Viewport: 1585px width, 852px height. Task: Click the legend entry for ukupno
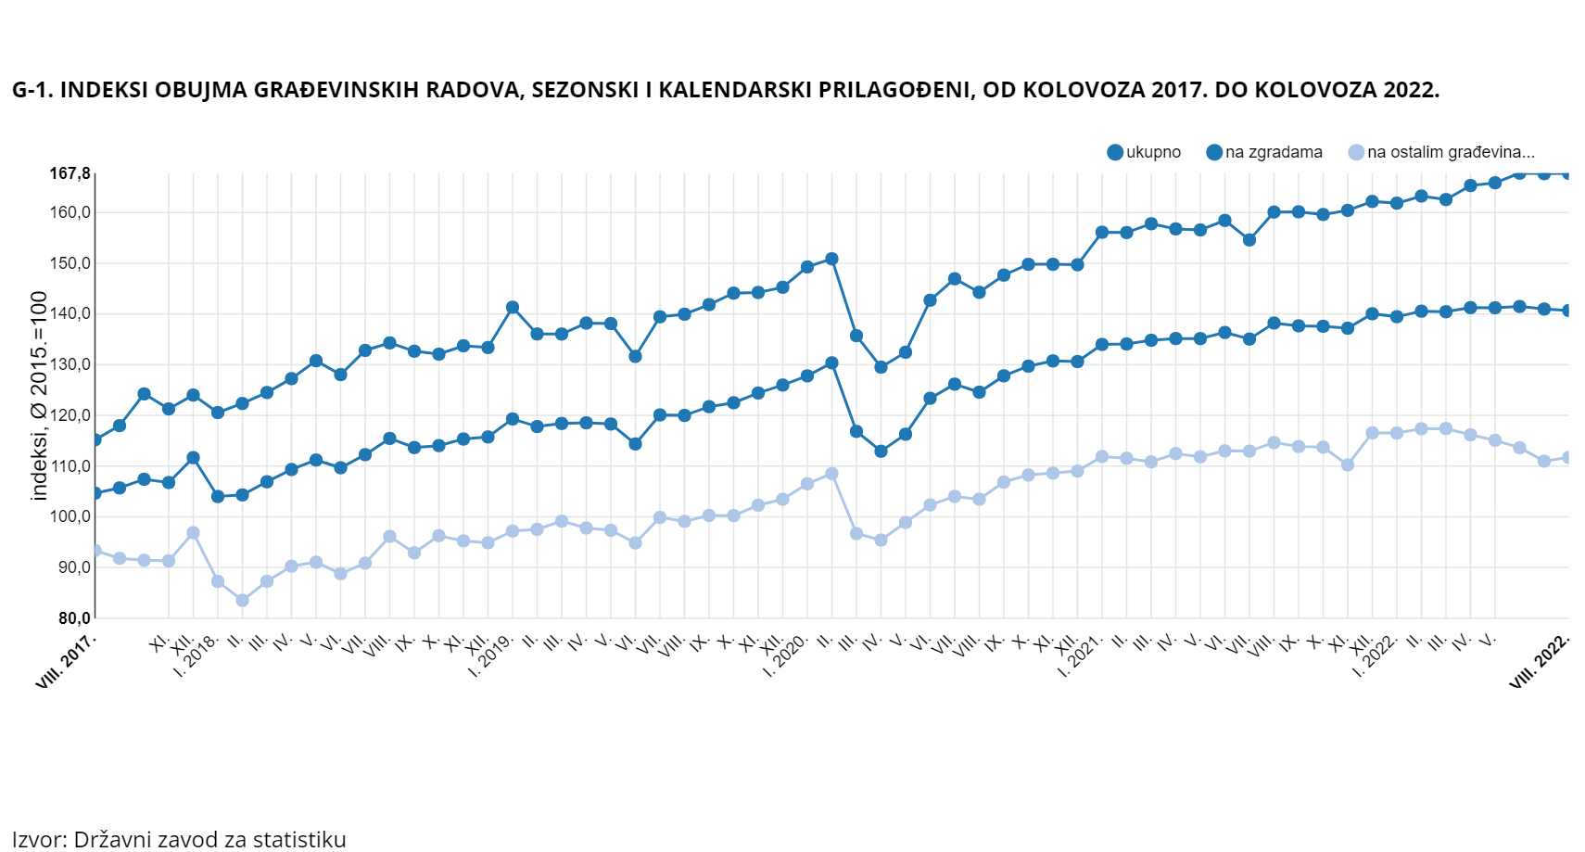coord(1145,152)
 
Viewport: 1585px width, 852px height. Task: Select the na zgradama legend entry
coord(1265,152)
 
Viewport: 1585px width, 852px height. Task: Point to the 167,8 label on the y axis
coord(70,174)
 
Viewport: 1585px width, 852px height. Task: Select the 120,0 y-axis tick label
coord(70,415)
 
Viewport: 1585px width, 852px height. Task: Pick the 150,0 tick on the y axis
coord(70,263)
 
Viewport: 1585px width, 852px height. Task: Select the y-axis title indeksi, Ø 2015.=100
coord(39,396)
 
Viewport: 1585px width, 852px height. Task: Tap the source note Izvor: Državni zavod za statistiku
coord(179,839)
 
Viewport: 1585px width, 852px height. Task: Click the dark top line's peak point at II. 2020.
coord(831,260)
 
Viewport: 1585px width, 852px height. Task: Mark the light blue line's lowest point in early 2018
coord(243,600)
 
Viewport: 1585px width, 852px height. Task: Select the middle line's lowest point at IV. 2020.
coord(881,451)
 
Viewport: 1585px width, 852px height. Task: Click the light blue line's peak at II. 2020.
coord(831,474)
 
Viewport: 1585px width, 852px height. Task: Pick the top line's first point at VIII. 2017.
coord(95,439)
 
